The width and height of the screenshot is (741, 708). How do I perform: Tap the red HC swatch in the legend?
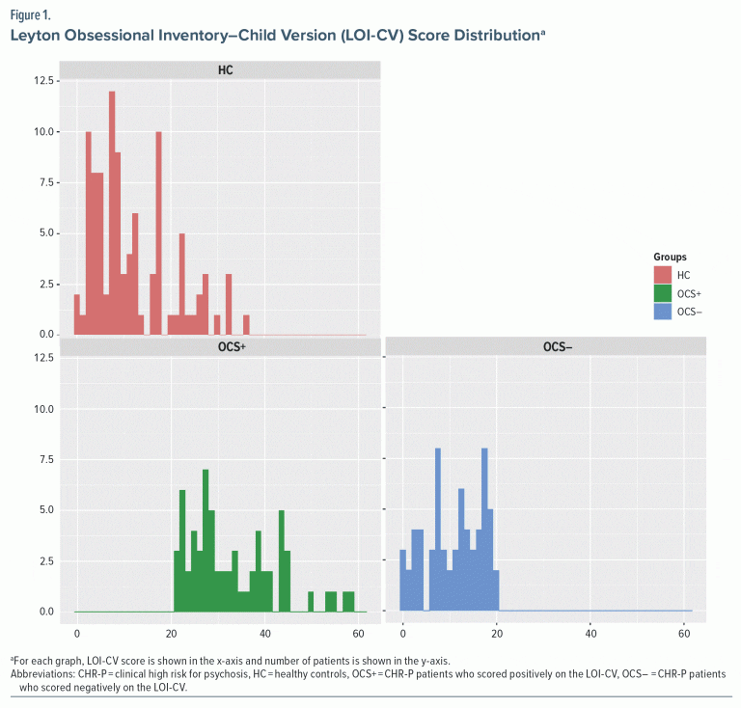[662, 275]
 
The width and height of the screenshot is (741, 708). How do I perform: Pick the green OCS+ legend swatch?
[662, 293]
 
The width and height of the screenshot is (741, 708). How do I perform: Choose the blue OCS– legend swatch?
[662, 312]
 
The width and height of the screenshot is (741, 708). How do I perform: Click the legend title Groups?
[669, 258]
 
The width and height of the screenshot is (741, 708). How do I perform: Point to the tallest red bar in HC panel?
[112, 212]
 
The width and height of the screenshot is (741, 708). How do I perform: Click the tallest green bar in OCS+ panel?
[206, 540]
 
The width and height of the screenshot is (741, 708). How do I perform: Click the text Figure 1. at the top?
[31, 16]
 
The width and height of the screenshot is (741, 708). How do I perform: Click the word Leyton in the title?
[37, 38]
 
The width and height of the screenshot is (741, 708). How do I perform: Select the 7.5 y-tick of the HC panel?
[46, 182]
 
